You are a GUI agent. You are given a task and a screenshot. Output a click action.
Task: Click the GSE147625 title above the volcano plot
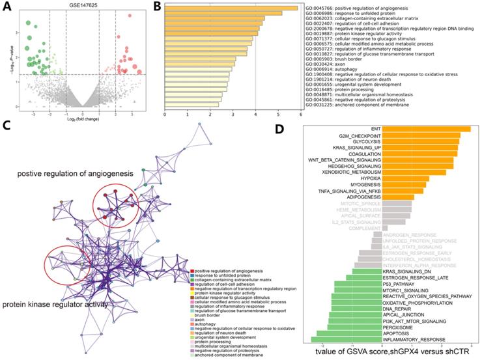pos(81,5)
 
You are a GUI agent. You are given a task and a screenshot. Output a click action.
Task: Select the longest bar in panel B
pos(231,8)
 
